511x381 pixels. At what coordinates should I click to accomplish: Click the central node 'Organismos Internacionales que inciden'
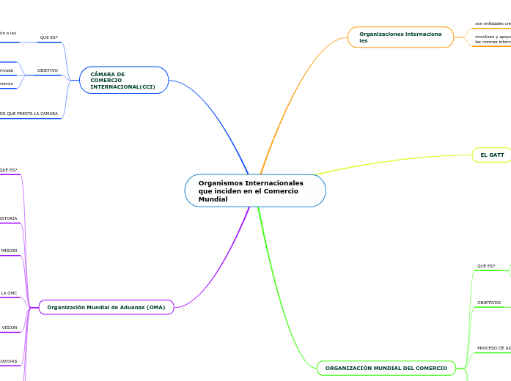(x=254, y=190)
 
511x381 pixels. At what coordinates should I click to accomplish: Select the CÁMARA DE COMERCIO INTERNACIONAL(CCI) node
(x=123, y=81)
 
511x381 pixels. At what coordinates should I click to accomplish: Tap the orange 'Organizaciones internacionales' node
(x=400, y=37)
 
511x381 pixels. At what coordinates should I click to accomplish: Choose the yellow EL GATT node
(x=492, y=155)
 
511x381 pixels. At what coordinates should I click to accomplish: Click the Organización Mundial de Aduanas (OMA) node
(x=106, y=307)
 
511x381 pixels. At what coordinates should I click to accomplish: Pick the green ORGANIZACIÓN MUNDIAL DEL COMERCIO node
(x=386, y=368)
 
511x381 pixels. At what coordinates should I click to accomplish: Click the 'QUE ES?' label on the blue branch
(x=49, y=37)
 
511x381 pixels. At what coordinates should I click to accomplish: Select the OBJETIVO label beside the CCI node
(x=48, y=70)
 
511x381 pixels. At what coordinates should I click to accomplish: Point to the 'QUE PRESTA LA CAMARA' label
(x=29, y=114)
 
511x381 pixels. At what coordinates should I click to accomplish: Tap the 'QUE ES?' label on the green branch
(x=486, y=266)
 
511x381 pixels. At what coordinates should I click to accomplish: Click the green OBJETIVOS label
(x=489, y=303)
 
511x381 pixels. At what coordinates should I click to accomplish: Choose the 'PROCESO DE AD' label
(x=493, y=348)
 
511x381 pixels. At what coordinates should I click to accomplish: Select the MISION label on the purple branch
(x=9, y=251)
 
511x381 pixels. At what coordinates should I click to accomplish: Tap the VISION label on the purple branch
(x=9, y=328)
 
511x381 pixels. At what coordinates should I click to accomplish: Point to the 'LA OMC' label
(x=9, y=293)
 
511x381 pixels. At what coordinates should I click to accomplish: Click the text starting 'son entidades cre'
(x=493, y=23)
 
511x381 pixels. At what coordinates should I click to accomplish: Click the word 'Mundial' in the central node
(x=213, y=199)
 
